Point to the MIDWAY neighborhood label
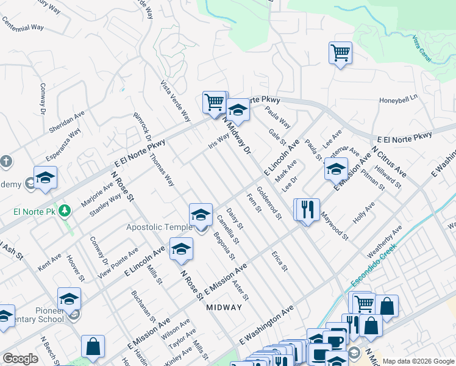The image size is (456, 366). click(x=224, y=307)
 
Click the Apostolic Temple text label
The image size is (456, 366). click(x=159, y=228)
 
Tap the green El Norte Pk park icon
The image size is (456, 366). click(x=65, y=212)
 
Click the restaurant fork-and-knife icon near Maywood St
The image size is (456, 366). click(x=307, y=209)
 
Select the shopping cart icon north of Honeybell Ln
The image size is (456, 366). click(x=340, y=52)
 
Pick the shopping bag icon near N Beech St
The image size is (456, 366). click(x=93, y=346)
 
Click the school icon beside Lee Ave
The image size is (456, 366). click(x=335, y=169)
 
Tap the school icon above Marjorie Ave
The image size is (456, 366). click(x=45, y=178)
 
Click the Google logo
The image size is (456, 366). click(x=20, y=359)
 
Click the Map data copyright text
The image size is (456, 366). click(x=418, y=361)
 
